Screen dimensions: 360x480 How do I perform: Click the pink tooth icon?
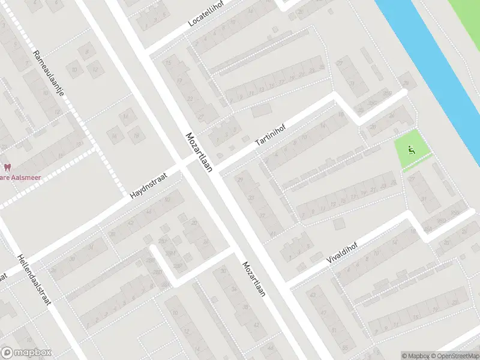point(7,167)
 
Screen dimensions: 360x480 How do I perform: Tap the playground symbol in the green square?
point(411,150)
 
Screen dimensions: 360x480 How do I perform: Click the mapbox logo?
point(26,353)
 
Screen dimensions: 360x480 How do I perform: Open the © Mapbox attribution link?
point(416,356)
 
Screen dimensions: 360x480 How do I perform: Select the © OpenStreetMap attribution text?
point(455,356)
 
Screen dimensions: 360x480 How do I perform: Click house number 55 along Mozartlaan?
point(344,347)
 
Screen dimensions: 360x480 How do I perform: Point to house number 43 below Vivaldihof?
point(311,295)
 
